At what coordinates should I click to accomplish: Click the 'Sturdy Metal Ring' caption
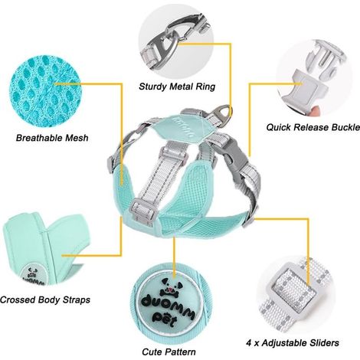[177, 87]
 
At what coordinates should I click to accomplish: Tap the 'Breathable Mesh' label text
[52, 138]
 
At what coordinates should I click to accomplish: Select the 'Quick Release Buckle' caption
[313, 127]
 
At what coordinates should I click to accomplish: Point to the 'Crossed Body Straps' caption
[45, 299]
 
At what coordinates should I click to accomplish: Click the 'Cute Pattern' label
[169, 352]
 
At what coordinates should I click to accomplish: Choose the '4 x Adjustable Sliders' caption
[293, 342]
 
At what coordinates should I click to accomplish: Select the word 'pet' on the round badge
[165, 319]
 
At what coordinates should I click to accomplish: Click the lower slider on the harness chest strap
[142, 213]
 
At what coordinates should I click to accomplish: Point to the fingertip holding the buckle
[316, 110]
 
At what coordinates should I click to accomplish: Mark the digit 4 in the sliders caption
[249, 342]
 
